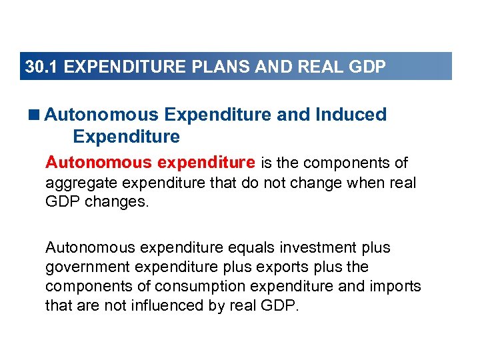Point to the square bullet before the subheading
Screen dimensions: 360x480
[35, 115]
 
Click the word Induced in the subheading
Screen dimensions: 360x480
[351, 115]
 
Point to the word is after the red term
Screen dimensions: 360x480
[266, 163]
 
